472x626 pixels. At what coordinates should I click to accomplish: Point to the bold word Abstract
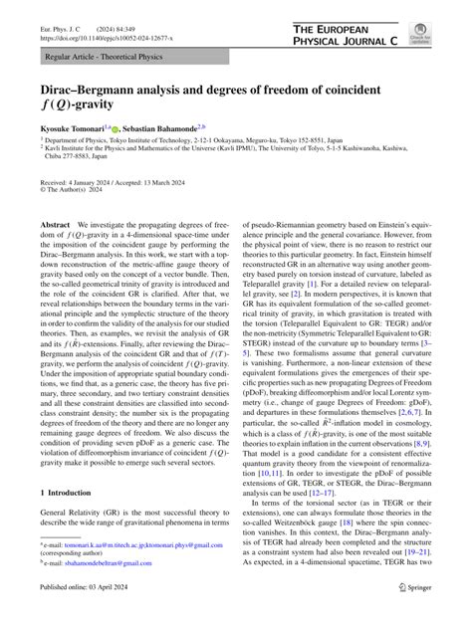pos(56,255)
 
